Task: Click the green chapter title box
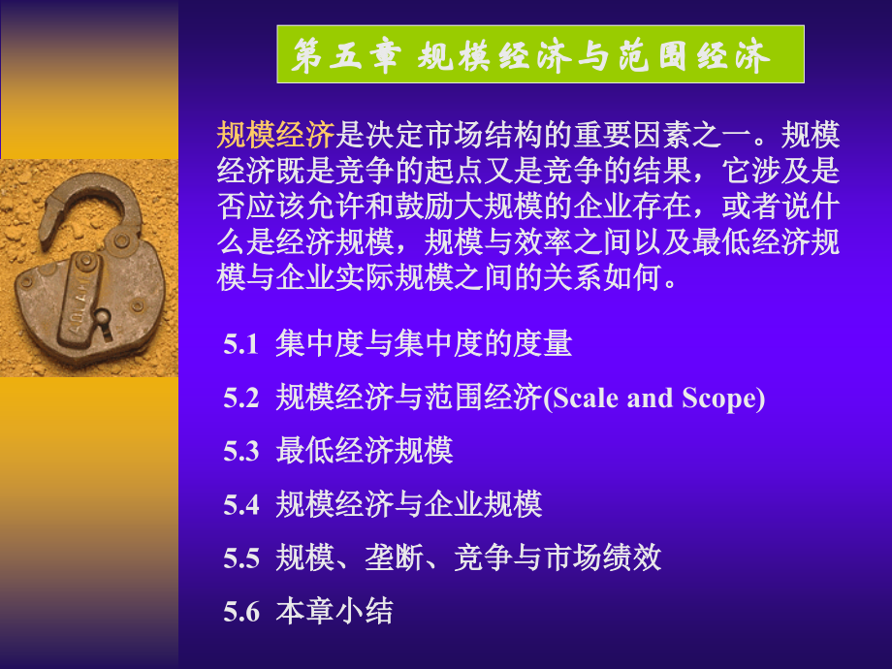(x=540, y=54)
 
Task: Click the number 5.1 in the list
(x=241, y=345)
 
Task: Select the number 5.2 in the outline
(x=241, y=398)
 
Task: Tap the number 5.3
(x=241, y=452)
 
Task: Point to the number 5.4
(x=241, y=505)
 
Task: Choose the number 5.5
(x=241, y=558)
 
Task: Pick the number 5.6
(x=241, y=612)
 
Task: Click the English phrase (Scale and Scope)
(x=653, y=398)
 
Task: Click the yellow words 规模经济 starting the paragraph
(x=275, y=133)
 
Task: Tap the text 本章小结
(x=334, y=612)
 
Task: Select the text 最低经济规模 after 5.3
(x=365, y=452)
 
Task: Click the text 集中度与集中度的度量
(x=424, y=345)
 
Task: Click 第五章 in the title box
(x=345, y=56)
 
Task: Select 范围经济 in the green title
(x=680, y=56)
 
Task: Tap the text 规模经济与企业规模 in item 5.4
(x=408, y=505)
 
